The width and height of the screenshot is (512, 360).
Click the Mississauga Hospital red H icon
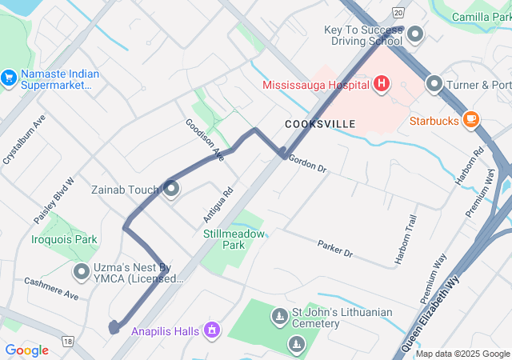coord(382,83)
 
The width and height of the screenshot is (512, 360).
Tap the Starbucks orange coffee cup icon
coord(471,120)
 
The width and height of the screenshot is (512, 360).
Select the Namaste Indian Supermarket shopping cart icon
coord(10,78)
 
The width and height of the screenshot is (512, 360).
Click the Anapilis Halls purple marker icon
coord(212,329)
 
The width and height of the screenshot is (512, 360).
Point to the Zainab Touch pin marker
coord(170,189)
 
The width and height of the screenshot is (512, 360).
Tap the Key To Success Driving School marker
coord(415,34)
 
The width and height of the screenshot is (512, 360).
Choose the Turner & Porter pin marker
coord(434,83)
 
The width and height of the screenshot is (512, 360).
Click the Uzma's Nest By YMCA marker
coord(81,272)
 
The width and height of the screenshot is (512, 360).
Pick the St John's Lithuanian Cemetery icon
coord(279,317)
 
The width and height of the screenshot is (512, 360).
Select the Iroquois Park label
coord(64,238)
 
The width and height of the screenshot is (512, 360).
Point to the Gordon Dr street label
coord(308,164)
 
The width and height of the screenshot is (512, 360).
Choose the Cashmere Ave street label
coord(50,288)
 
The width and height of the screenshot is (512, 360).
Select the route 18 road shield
coord(68,341)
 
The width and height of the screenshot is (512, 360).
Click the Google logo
coord(26,350)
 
